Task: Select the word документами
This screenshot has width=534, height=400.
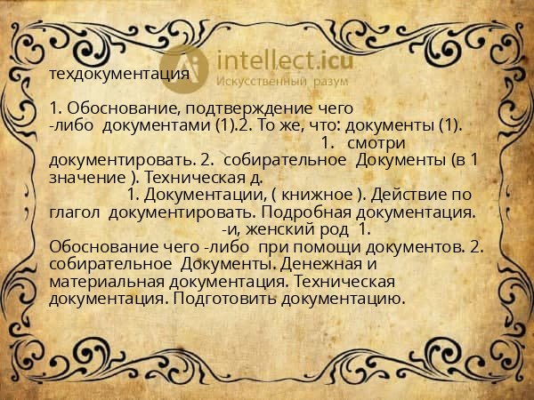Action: (158, 125)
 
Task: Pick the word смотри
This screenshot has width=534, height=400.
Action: (376, 142)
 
